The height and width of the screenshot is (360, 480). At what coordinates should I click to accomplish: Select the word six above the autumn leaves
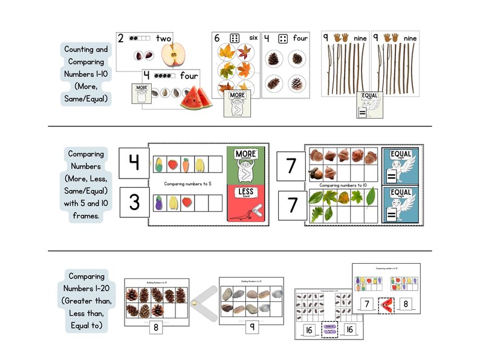click(x=253, y=38)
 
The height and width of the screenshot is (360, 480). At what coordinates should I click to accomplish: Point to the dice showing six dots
click(x=235, y=38)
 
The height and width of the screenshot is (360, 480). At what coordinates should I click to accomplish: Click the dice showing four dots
click(x=282, y=38)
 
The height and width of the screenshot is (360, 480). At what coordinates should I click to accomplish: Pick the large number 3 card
click(x=134, y=203)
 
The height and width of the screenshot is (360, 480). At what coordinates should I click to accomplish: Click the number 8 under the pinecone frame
click(x=157, y=327)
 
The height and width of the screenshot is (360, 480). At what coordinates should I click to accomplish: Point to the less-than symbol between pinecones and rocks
click(x=203, y=303)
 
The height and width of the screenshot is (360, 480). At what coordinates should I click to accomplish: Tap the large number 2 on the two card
click(x=121, y=38)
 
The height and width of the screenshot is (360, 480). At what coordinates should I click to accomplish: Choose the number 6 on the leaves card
click(x=218, y=38)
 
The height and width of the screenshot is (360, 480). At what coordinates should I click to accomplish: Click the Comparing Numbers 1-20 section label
click(x=86, y=301)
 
